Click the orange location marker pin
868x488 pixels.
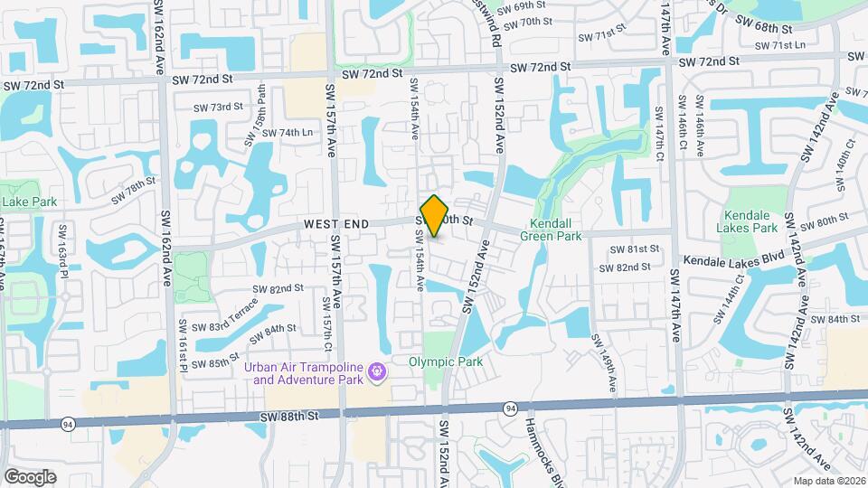(435, 216)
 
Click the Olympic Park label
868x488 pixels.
(446, 362)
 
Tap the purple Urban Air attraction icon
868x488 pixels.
(377, 371)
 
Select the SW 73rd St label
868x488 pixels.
(217, 106)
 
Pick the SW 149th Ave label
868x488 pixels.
(605, 362)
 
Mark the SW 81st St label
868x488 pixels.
(631, 249)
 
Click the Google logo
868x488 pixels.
(30, 476)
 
